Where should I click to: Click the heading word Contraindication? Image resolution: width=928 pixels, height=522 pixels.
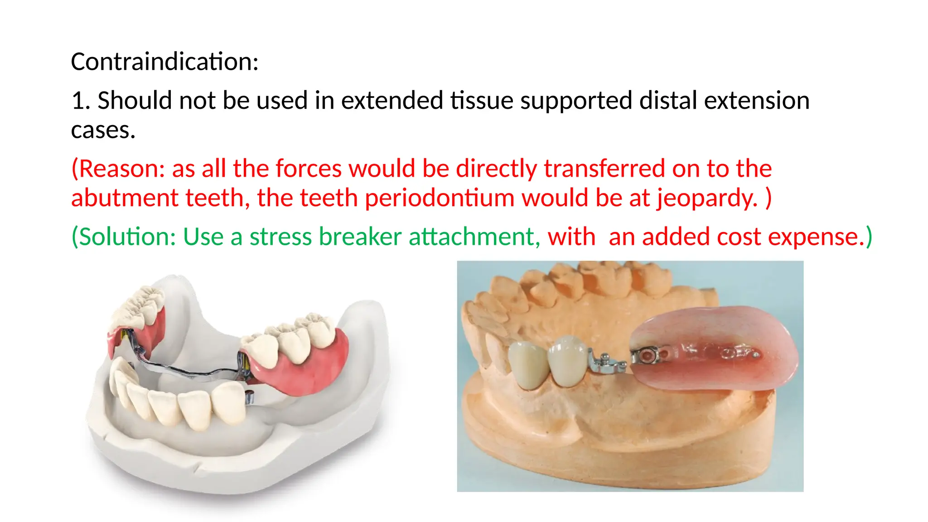(x=164, y=62)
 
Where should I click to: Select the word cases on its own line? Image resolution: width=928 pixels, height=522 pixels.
(x=103, y=130)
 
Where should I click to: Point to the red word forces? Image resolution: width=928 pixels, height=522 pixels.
(x=308, y=169)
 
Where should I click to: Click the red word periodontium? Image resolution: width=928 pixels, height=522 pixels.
(x=440, y=198)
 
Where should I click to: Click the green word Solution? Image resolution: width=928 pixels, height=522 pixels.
(x=128, y=237)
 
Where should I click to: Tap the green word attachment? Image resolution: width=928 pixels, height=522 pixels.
(x=474, y=237)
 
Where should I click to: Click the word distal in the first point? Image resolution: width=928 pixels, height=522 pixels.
(x=668, y=101)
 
